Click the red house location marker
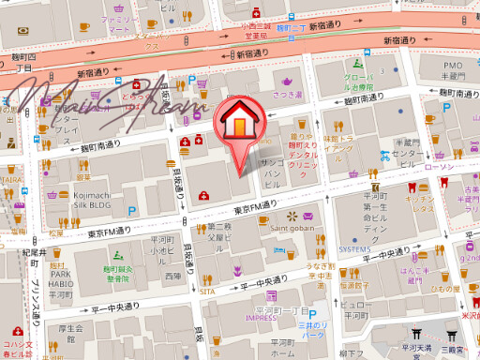pos(241,127)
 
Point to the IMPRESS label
pos(262,318)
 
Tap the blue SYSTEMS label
pos(354,249)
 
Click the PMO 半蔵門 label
pos(453,70)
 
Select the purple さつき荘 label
pos(288,95)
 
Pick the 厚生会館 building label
pos(71,333)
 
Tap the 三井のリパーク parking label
pos(311,329)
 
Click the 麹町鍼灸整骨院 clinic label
pos(117,274)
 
